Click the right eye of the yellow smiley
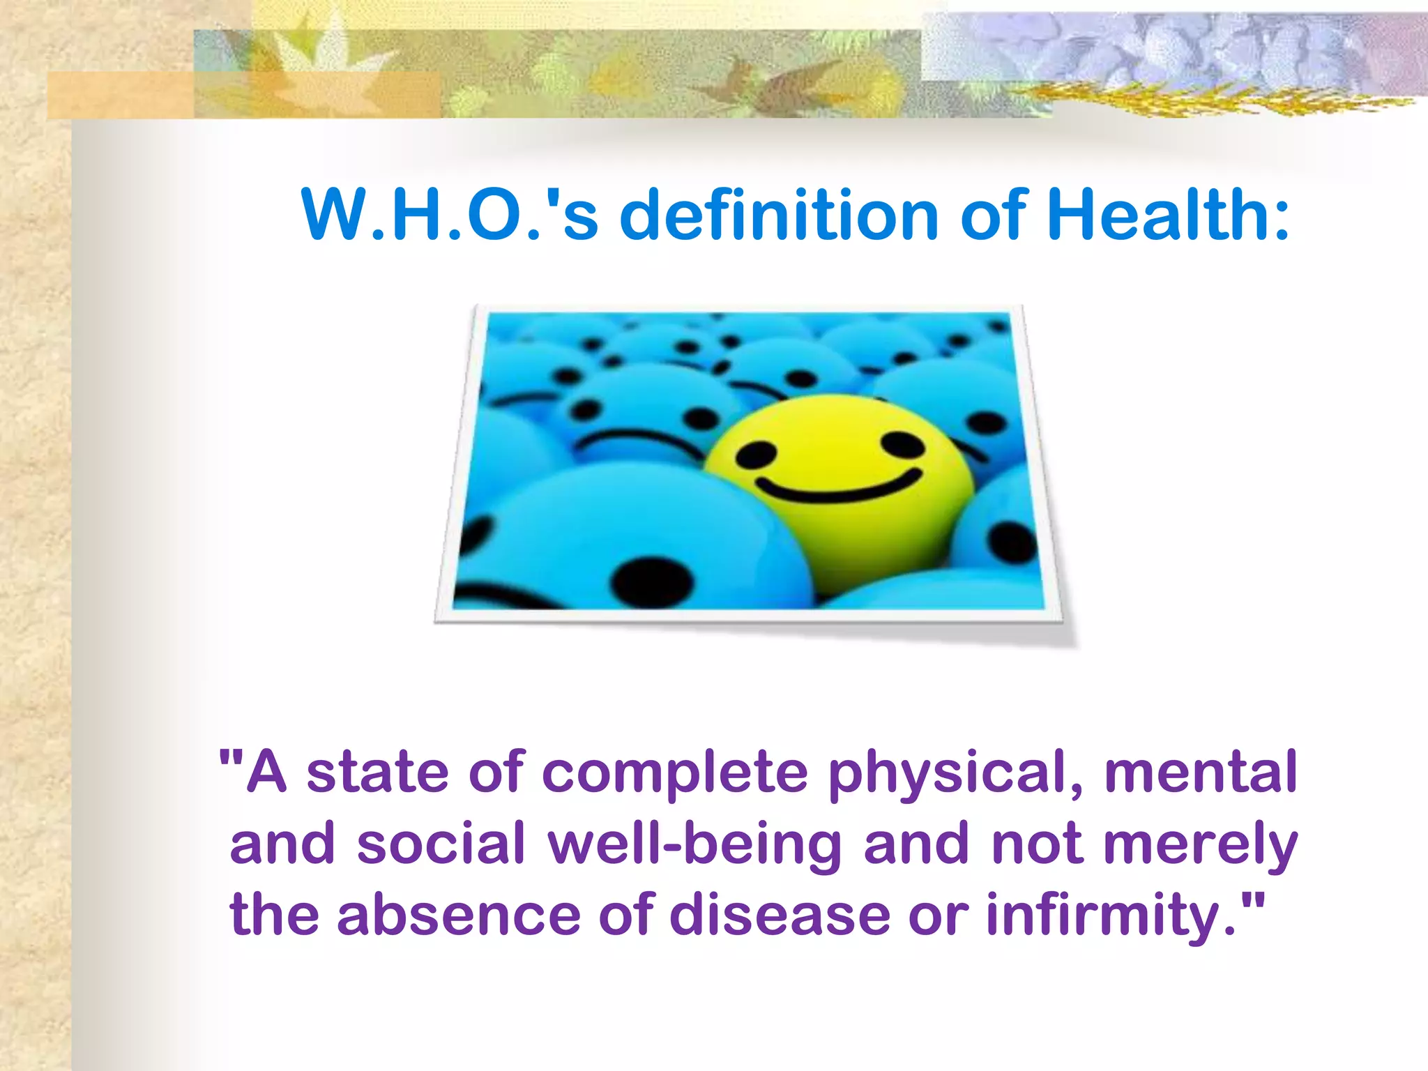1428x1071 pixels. pyautogui.click(x=902, y=443)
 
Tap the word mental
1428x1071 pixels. pyautogui.click(x=1200, y=772)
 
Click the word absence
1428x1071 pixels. pyautogui.click(x=459, y=915)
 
